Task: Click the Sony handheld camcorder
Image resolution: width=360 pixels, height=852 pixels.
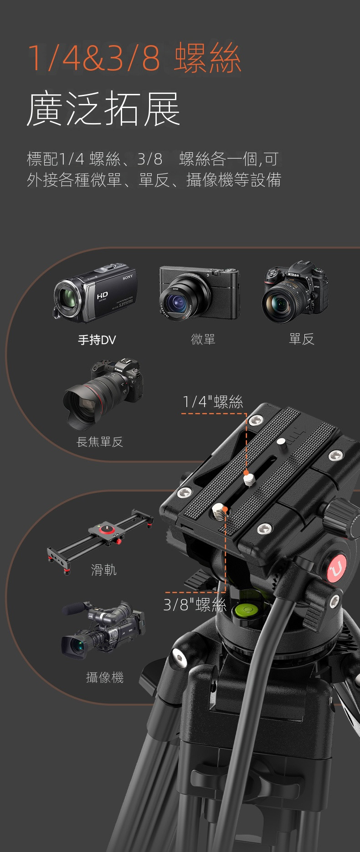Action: (95, 292)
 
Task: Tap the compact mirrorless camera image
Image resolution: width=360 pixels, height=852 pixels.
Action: (199, 293)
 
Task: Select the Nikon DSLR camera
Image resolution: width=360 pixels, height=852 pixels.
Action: (295, 292)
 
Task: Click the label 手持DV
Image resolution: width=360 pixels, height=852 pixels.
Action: (97, 340)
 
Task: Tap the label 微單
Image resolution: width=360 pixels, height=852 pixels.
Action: (203, 339)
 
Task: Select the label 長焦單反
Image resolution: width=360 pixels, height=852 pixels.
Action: (100, 442)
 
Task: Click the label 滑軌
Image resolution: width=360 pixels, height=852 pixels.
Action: (104, 570)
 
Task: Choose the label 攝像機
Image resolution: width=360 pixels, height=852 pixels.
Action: (105, 677)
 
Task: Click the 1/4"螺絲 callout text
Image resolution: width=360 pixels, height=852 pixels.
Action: (213, 402)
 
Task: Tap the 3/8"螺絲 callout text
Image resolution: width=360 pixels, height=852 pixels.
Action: (195, 604)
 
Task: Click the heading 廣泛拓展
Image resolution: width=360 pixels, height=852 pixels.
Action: (104, 108)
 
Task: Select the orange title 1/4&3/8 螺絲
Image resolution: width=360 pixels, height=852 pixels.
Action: (134, 58)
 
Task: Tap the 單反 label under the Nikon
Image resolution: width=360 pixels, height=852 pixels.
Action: (302, 339)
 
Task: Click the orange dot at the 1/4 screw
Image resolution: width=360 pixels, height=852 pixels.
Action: (246, 472)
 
